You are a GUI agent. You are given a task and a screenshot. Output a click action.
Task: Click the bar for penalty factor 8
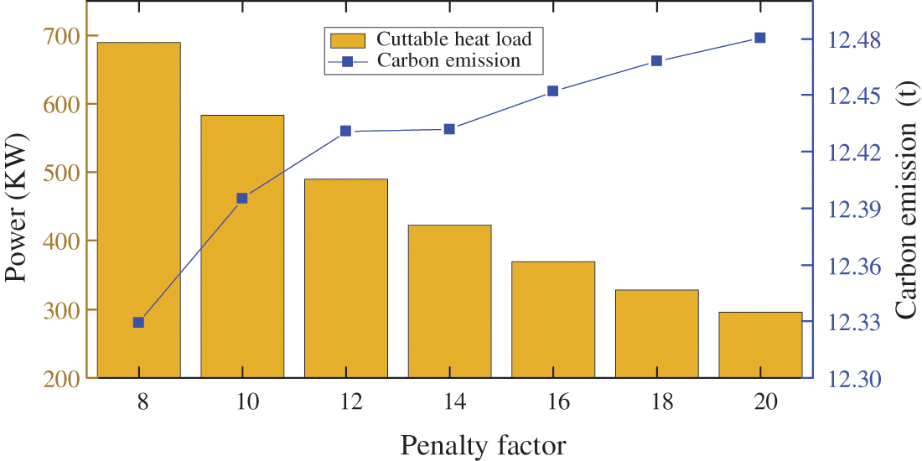pyautogui.click(x=139, y=210)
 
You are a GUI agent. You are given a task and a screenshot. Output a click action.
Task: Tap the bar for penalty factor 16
pyautogui.click(x=553, y=319)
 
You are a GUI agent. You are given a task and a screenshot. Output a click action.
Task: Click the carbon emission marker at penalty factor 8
pyautogui.click(x=139, y=323)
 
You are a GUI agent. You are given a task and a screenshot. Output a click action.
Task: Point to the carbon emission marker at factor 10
pyautogui.click(x=242, y=199)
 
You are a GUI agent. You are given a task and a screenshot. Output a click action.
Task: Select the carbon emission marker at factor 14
pyautogui.click(x=449, y=129)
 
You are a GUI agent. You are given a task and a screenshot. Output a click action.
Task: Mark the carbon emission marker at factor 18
pyautogui.click(x=656, y=61)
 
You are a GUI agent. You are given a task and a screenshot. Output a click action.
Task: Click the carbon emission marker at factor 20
pyautogui.click(x=760, y=38)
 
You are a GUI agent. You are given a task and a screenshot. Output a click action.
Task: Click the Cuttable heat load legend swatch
pyautogui.click(x=346, y=39)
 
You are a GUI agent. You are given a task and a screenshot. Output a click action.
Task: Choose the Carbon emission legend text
pyautogui.click(x=449, y=60)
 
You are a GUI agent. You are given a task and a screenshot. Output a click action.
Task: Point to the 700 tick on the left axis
pyautogui.click(x=57, y=36)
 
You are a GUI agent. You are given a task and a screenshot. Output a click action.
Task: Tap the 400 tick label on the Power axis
pyautogui.click(x=57, y=241)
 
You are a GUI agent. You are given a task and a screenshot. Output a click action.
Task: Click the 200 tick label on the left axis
pyautogui.click(x=57, y=379)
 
